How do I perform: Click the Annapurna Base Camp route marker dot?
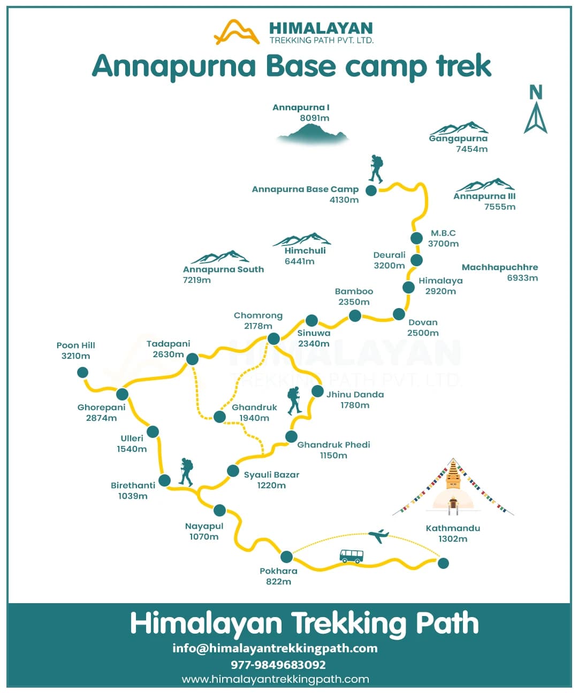(x=371, y=190)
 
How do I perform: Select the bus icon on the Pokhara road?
(x=351, y=556)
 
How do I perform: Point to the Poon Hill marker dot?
(x=82, y=372)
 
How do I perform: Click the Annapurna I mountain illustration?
(x=313, y=133)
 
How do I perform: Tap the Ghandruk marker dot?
(x=219, y=417)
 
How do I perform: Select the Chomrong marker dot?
(x=273, y=338)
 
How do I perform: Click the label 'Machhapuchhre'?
(x=500, y=267)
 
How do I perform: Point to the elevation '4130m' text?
(x=344, y=200)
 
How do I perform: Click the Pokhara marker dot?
(x=286, y=557)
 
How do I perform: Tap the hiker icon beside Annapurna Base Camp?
(x=376, y=169)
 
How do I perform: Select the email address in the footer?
(x=275, y=648)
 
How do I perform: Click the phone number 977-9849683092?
(x=278, y=665)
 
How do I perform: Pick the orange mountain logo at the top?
(x=237, y=32)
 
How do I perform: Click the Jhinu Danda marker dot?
(x=317, y=391)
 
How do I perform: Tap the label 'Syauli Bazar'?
(x=271, y=475)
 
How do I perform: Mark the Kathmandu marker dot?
(x=443, y=563)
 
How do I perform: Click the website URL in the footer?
(x=275, y=679)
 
